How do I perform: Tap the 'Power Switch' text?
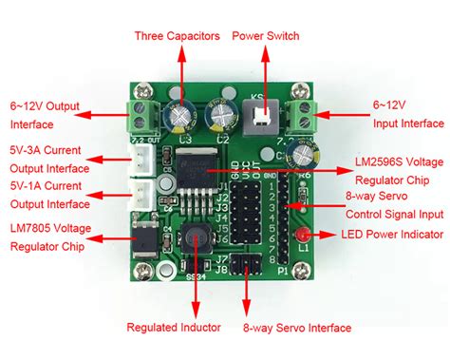pyautogui.click(x=266, y=36)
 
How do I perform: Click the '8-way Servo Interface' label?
pyautogui.click(x=298, y=328)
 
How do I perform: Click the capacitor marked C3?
pyautogui.click(x=180, y=115)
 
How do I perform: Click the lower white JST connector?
pyautogui.click(x=142, y=196)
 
